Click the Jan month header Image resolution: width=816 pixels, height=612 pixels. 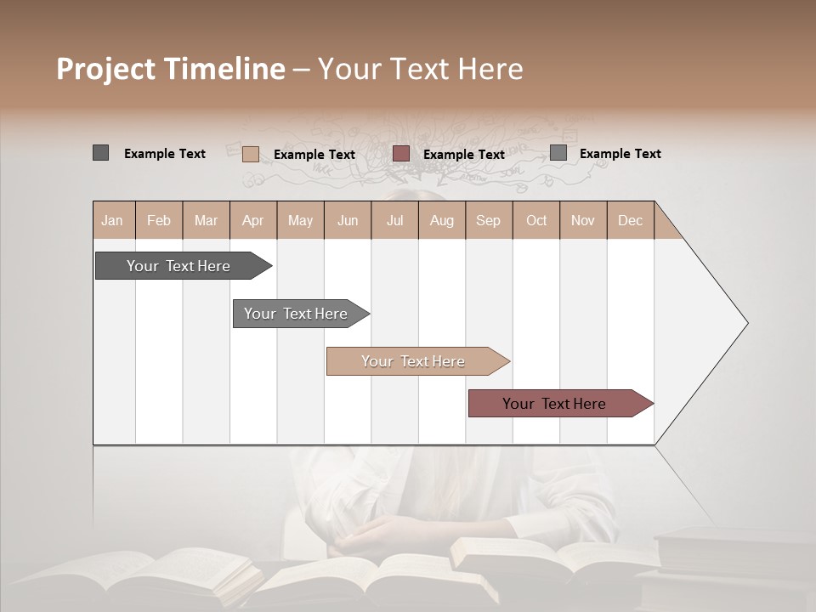point(112,220)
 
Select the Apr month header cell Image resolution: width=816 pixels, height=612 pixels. point(252,220)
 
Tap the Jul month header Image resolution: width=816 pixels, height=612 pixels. point(394,220)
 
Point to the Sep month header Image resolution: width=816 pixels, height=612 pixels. point(488,220)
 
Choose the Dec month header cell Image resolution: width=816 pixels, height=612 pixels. point(630,220)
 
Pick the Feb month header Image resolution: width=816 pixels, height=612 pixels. point(159,220)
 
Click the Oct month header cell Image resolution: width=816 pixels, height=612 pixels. point(536,220)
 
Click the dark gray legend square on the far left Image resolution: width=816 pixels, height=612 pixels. point(100,153)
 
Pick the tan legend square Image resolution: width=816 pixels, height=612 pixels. point(250,154)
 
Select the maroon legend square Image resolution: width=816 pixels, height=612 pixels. point(401,154)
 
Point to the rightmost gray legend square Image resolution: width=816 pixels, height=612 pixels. point(558,153)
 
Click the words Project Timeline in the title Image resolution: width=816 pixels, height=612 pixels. point(171,69)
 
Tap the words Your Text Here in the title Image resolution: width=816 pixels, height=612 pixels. point(421,69)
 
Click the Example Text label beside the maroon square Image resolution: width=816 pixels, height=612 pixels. point(464,155)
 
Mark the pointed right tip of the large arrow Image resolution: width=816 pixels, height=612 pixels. point(746,323)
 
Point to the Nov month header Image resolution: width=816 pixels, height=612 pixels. point(583,220)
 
